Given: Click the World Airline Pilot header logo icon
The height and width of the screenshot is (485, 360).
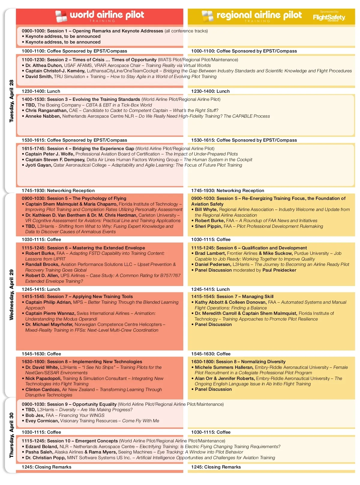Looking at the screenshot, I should coord(61,16).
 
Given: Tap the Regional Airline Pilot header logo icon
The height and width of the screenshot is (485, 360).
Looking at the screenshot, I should coord(207,16).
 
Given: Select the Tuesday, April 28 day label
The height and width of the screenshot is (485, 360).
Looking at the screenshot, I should coord(12,101).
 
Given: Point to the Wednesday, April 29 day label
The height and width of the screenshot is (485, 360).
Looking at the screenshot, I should coord(12,295).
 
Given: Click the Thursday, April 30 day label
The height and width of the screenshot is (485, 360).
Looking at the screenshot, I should coord(12,435).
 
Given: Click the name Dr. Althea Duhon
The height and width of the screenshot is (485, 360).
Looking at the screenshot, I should coord(44,65).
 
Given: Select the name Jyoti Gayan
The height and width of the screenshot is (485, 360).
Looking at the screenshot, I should coord(39,165).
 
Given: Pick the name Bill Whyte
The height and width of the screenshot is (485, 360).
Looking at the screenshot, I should coord(206,209).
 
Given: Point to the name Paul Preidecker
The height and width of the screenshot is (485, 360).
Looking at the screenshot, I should coord(279,270).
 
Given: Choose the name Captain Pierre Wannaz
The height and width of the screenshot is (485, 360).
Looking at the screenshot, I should coord(50,313).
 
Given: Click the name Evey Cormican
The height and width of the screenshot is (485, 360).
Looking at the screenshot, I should coord(42,421).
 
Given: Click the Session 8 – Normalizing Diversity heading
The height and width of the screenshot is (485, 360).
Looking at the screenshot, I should coord(238,362).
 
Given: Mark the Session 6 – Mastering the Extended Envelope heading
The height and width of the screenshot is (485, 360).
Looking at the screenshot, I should coord(83,248).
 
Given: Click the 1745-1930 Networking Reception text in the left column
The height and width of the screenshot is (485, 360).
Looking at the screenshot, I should coord(58,191).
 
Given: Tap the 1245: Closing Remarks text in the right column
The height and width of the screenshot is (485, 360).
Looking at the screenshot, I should coord(216,467).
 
